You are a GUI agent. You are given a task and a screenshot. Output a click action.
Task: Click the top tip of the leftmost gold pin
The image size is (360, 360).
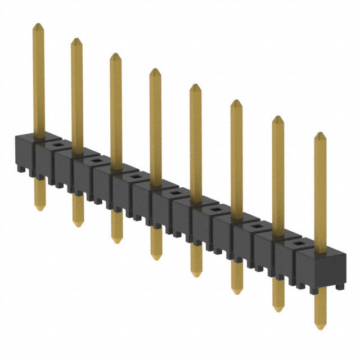click(x=38, y=24)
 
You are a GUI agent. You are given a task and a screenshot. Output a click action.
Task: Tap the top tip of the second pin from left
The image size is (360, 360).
click(x=76, y=39)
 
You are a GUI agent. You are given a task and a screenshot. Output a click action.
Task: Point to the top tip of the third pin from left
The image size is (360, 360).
click(x=115, y=54)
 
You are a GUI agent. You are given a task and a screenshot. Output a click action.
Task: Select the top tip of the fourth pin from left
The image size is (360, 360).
click(x=155, y=69)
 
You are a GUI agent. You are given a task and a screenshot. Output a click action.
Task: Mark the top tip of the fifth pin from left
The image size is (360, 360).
click(x=195, y=85)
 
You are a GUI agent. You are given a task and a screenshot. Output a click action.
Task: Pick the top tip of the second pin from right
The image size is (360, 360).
click(x=278, y=117)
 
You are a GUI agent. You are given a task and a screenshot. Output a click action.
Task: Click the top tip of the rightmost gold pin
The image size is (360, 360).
click(x=320, y=133)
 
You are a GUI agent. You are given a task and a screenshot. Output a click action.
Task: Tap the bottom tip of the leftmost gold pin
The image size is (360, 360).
click(x=39, y=210)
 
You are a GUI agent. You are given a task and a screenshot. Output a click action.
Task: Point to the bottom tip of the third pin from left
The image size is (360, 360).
click(x=116, y=242)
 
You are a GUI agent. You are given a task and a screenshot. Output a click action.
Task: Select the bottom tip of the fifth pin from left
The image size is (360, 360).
click(x=196, y=276)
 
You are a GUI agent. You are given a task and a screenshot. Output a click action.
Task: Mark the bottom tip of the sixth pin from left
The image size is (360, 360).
click(x=237, y=293)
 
